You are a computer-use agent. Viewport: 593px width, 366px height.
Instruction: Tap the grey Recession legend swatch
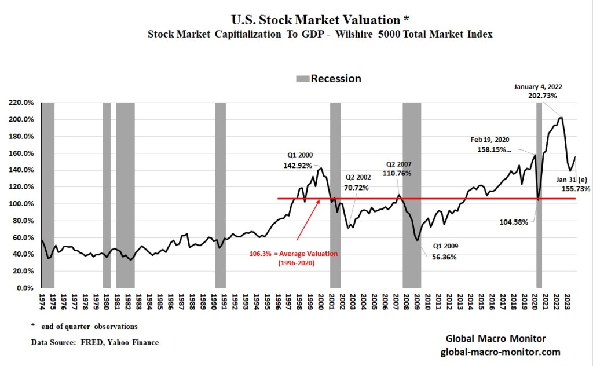[302, 79]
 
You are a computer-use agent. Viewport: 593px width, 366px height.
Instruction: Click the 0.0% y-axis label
[26, 288]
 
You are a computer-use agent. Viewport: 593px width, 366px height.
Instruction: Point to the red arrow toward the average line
[313, 219]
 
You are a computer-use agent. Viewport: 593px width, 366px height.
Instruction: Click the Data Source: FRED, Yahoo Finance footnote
[95, 342]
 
